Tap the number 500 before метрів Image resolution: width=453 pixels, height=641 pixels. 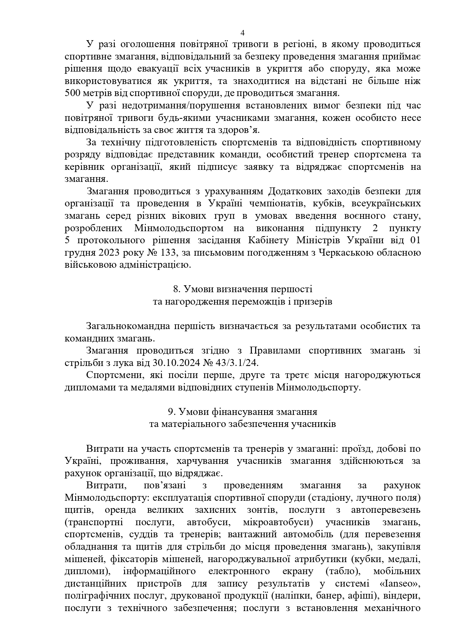click(x=73, y=93)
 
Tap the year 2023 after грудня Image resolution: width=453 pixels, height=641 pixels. click(x=106, y=253)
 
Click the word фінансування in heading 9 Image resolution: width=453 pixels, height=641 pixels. click(x=244, y=412)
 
